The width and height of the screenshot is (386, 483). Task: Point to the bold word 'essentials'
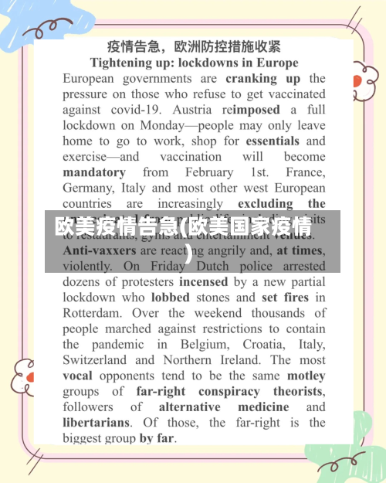273,141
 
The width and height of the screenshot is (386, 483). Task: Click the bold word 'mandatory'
93,172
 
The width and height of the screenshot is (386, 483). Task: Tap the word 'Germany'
88,188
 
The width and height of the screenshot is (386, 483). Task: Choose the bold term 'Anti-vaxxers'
99,250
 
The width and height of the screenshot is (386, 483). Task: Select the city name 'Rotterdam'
92,313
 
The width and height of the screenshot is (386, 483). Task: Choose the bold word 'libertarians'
96,423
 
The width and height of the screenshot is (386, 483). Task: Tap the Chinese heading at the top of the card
194,46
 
